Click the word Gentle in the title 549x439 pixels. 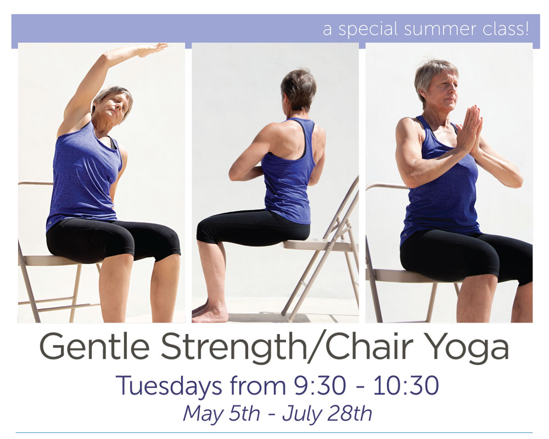[95, 347]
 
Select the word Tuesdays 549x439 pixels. [169, 386]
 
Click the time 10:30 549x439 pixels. [406, 386]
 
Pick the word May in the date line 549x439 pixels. [203, 414]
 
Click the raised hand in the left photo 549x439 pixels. [153, 49]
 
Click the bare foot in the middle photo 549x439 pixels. [209, 314]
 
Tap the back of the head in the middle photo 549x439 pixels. [298, 88]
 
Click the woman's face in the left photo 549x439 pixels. [115, 108]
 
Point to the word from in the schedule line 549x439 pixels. [258, 386]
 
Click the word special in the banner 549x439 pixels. [368, 29]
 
